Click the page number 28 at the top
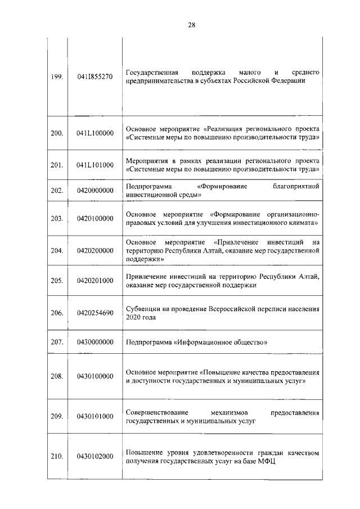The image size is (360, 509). click(x=191, y=25)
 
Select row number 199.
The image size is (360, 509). click(x=56, y=77)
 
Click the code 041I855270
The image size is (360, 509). click(x=94, y=77)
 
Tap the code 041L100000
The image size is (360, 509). click(x=94, y=133)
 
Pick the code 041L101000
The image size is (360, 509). click(x=94, y=165)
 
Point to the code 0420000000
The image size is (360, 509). click(x=94, y=191)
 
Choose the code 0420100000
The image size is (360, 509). click(x=94, y=219)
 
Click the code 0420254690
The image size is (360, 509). click(x=94, y=313)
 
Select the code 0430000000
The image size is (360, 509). click(x=94, y=342)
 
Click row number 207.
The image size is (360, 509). click(x=56, y=342)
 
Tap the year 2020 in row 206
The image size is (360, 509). click(x=133, y=317)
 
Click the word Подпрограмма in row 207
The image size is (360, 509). click(x=148, y=342)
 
